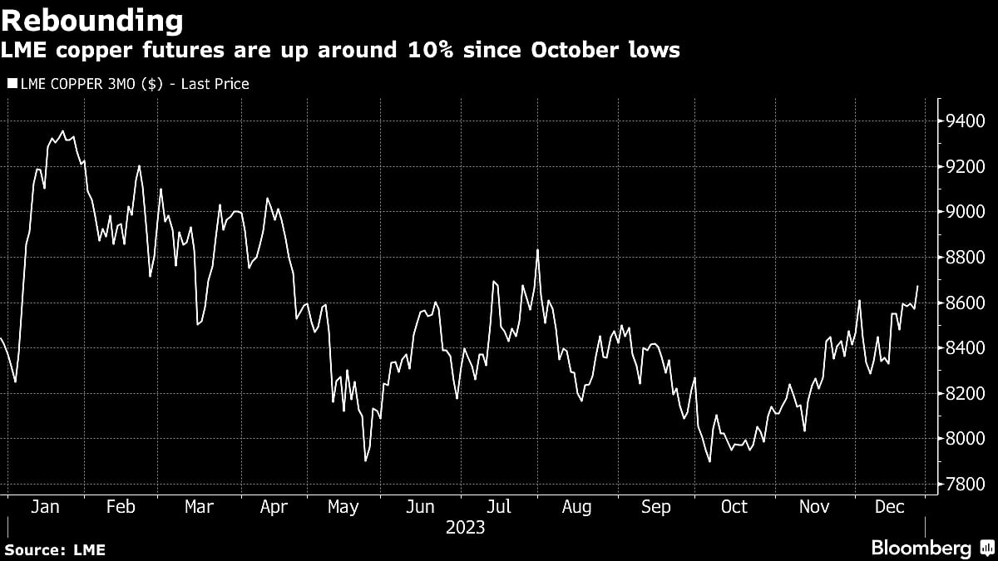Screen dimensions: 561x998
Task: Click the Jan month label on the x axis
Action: point(44,507)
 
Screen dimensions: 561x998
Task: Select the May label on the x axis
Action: point(343,507)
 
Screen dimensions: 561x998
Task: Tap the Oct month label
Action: point(734,507)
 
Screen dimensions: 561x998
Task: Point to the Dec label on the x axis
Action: point(889,507)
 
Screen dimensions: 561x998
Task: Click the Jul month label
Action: point(499,507)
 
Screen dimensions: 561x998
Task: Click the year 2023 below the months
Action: point(465,528)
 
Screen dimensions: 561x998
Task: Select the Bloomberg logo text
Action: point(921,548)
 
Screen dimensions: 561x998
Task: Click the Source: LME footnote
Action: point(55,549)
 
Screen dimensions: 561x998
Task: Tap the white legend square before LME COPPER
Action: point(12,83)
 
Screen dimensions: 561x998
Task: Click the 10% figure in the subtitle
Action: point(448,51)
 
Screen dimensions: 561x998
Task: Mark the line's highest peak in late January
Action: point(63,130)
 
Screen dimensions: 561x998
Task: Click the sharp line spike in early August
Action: point(537,249)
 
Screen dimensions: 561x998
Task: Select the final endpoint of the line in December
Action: point(917,286)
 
